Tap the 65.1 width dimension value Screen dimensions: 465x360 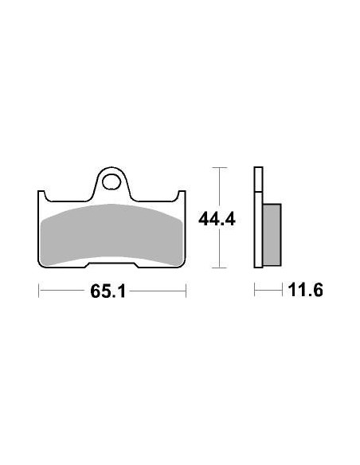pos(104,291)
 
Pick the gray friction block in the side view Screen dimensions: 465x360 pos(272,235)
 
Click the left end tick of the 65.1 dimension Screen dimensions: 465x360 pos(39,291)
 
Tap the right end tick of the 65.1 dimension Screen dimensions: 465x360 pos(186,291)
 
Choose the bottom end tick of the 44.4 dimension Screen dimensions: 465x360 pos(220,268)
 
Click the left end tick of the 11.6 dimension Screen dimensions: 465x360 pos(255,291)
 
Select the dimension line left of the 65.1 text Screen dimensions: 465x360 pos(64,291)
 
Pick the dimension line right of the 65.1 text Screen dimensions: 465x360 pos(155,291)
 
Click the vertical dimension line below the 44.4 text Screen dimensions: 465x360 pos(220,248)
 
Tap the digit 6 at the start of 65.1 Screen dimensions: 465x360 pos(93,291)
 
